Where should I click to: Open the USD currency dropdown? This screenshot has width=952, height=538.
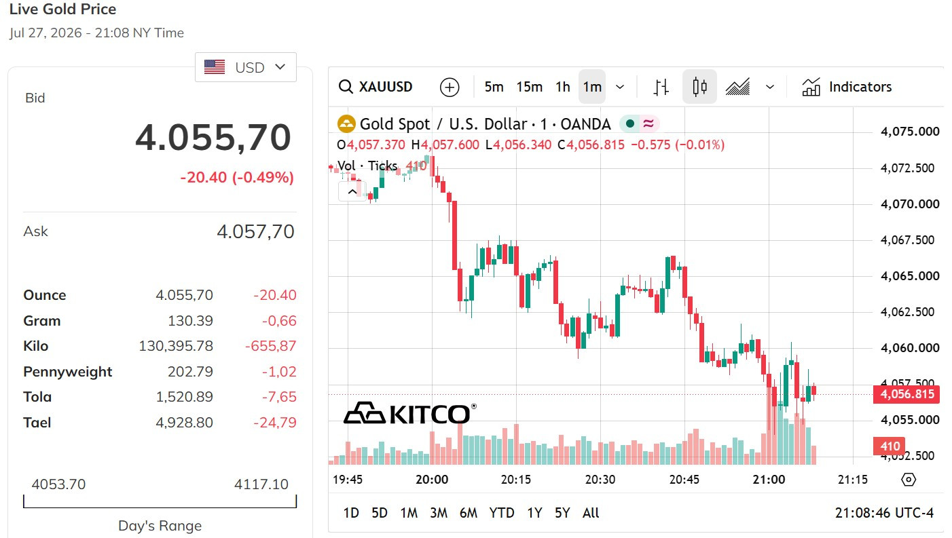click(246, 67)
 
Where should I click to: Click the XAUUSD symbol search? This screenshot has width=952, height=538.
click(376, 87)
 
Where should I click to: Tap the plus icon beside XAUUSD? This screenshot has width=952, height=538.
click(450, 87)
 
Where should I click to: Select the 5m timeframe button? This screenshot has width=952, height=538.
click(494, 87)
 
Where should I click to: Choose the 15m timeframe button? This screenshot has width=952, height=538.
click(529, 87)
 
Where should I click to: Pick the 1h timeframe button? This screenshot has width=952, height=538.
click(563, 87)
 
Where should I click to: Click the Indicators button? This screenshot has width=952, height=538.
click(847, 87)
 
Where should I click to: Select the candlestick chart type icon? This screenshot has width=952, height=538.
click(699, 87)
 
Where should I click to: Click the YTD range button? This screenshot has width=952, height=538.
click(502, 513)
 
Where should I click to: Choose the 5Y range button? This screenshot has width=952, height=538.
click(562, 513)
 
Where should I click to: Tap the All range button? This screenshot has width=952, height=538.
click(590, 513)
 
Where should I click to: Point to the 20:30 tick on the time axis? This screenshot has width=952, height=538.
click(600, 480)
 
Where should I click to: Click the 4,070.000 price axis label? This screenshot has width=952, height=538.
click(910, 204)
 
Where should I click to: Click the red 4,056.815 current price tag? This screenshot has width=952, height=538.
click(907, 394)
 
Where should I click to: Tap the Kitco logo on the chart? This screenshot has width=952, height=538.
click(409, 413)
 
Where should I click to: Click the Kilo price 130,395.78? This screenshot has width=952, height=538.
click(176, 346)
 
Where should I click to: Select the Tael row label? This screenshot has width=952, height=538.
click(37, 423)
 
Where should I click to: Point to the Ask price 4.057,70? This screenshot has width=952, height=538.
click(255, 232)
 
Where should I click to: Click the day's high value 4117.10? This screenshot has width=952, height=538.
click(261, 484)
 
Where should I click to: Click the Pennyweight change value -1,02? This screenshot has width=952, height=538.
click(279, 372)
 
